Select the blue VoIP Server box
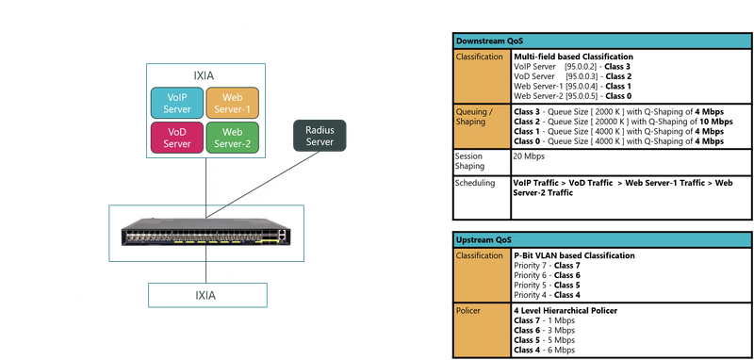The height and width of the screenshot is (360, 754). point(177,103)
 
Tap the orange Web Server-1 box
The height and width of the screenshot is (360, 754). point(231,103)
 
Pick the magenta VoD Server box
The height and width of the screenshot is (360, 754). point(177,138)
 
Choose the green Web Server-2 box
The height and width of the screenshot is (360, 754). point(231,138)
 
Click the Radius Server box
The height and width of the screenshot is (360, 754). point(321,135)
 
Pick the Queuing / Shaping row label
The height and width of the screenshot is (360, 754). point(481,116)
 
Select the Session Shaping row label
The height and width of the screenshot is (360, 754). point(475,160)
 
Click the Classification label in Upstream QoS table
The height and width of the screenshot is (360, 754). point(481,255)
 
